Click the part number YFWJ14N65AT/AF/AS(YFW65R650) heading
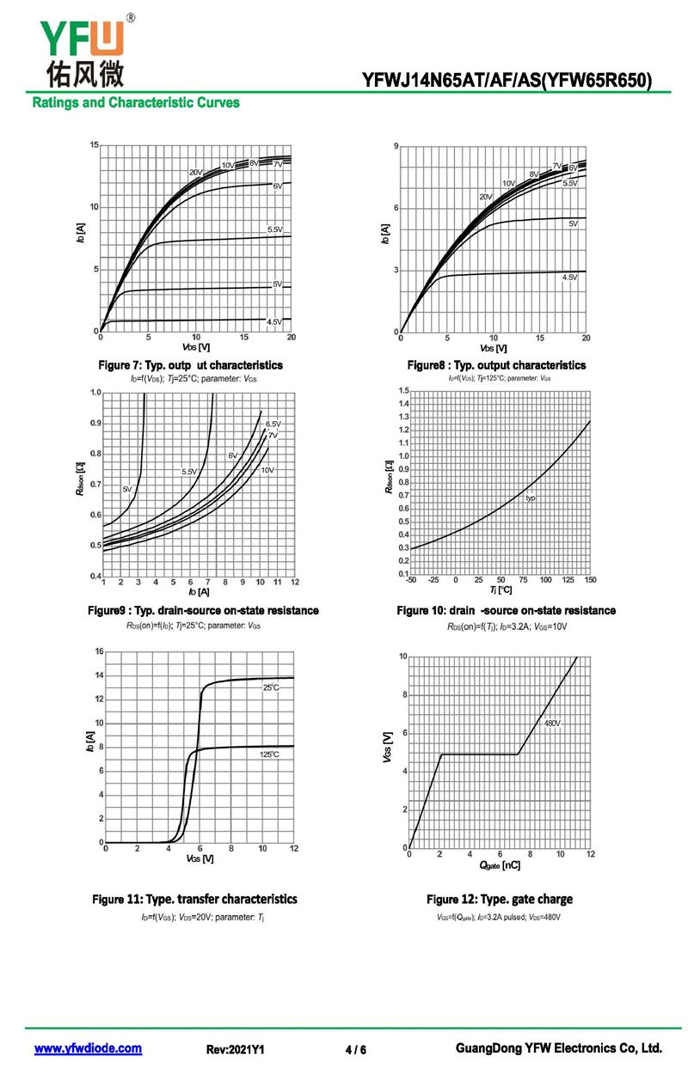507,82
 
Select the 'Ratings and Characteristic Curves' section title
136,103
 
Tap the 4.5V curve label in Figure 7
274,321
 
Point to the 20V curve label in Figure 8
486,197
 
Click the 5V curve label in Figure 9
127,489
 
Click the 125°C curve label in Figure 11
269,754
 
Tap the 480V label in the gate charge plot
551,724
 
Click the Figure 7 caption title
190,365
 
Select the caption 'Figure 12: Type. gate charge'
499,899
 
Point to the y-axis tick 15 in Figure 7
93,144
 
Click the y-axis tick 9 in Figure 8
396,147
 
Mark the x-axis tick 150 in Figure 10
589,581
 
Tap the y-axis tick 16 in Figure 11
99,650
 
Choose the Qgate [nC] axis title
499,865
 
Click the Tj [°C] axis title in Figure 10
501,590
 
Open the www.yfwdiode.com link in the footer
88,1048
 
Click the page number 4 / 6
355,1050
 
